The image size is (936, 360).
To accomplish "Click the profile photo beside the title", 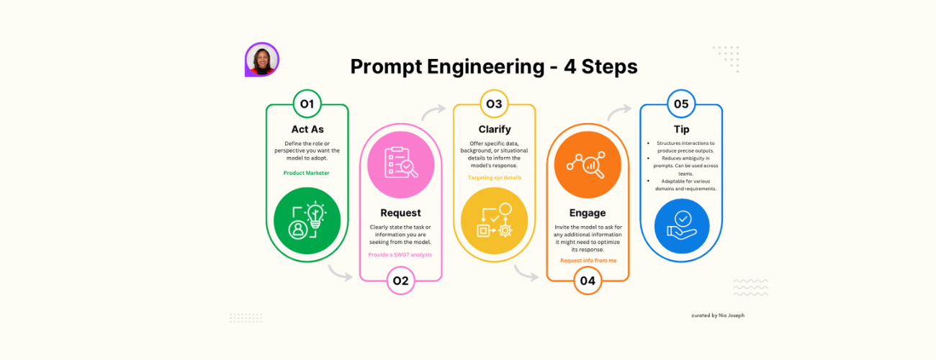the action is [x=262, y=59].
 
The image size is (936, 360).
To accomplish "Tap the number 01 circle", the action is [x=307, y=104].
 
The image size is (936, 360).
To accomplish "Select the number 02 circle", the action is [x=401, y=281].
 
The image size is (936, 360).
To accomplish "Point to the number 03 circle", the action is [x=495, y=104].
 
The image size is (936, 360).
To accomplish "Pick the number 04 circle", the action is [x=588, y=281].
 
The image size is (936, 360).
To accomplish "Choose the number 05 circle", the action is [x=681, y=104].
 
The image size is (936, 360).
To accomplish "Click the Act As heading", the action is [x=307, y=130].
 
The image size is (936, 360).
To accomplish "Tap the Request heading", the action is [x=400, y=213].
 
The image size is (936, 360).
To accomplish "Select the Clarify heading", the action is [x=495, y=130].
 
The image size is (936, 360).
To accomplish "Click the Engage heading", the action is [x=588, y=213].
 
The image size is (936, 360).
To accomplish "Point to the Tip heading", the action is [x=682, y=130].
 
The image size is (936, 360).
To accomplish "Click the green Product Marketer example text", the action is [x=306, y=173].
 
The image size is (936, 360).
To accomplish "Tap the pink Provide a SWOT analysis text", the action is [x=400, y=255].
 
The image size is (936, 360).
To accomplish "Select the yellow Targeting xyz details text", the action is [x=495, y=178].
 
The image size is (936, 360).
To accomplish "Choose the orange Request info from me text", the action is [x=588, y=261].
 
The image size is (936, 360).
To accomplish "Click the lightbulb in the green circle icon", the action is [x=315, y=215].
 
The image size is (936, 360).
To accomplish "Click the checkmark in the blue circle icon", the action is [x=683, y=218].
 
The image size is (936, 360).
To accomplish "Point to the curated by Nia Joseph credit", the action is [x=718, y=315].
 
